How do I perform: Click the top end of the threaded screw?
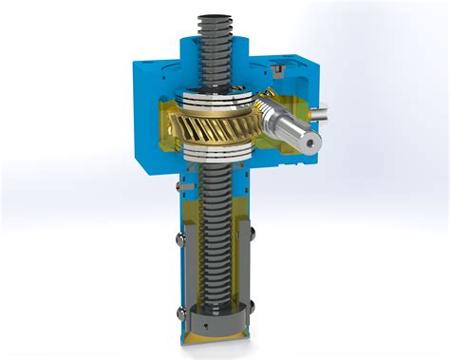[x=217, y=16]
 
